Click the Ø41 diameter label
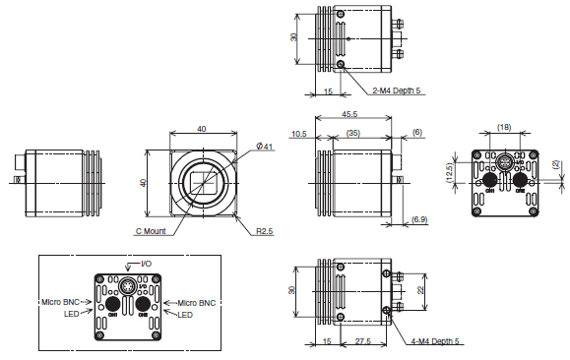pyautogui.click(x=264, y=147)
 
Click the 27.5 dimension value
pyautogui.click(x=361, y=341)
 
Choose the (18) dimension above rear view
pyautogui.click(x=503, y=128)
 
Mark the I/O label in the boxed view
pyautogui.click(x=146, y=265)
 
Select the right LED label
pyautogui.click(x=185, y=315)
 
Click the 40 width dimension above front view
pyautogui.click(x=202, y=129)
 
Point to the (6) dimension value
pyautogui.click(x=416, y=133)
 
